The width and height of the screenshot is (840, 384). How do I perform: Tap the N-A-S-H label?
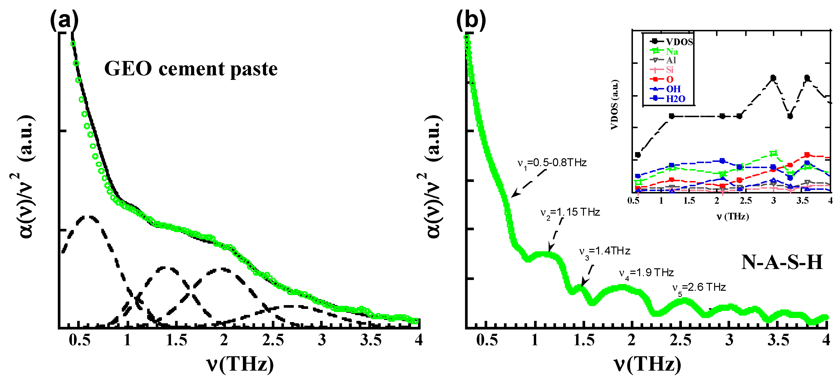click(x=782, y=262)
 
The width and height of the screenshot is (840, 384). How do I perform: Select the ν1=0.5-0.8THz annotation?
click(x=552, y=163)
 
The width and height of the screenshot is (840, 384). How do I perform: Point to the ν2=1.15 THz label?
click(x=570, y=213)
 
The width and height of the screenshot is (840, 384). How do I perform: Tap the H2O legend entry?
click(x=675, y=99)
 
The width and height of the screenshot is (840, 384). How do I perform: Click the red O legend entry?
click(x=669, y=79)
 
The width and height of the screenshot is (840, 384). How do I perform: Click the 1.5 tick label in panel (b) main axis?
click(x=584, y=340)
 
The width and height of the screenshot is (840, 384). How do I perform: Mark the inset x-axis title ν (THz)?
click(x=732, y=216)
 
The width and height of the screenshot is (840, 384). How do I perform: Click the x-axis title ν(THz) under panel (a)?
click(x=240, y=364)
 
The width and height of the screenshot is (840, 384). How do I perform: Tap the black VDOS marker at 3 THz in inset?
click(x=773, y=78)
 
